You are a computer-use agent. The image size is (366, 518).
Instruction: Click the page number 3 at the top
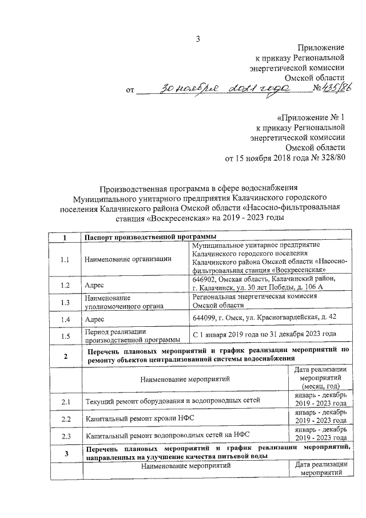point(198,39)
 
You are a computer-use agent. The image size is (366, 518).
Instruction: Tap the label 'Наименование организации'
point(128,259)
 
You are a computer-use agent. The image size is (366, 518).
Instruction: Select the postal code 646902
point(207,278)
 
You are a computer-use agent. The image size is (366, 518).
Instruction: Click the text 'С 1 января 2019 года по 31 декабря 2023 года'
point(264,334)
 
